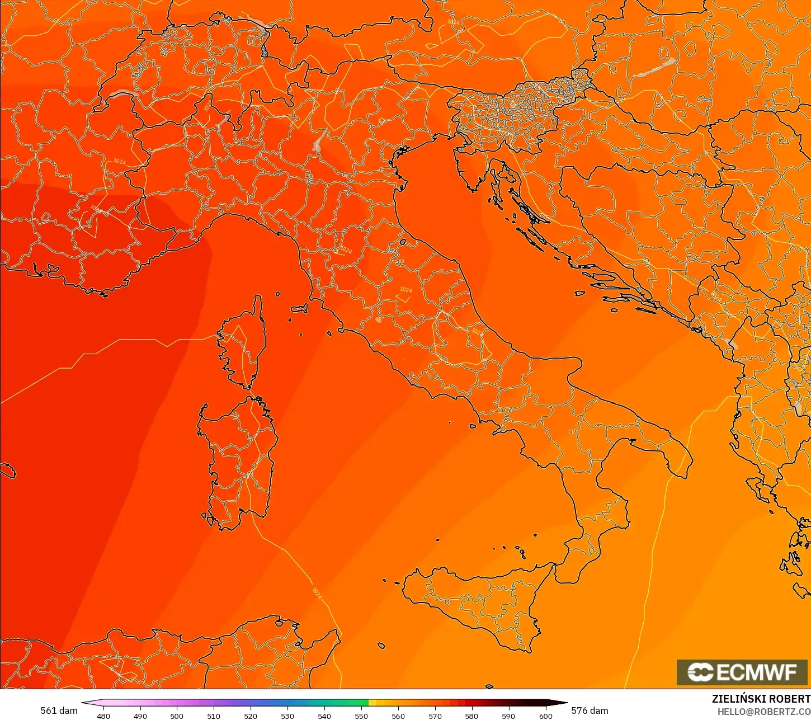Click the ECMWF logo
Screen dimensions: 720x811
743,672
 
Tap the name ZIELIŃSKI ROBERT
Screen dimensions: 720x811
761,699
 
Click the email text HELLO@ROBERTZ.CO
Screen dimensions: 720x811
764,712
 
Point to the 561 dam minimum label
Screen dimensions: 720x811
59,710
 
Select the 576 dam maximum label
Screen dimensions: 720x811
590,710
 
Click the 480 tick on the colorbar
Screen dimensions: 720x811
103,716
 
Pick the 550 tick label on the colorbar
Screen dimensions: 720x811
361,716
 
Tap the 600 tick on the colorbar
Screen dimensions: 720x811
545,716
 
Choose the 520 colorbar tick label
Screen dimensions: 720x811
251,716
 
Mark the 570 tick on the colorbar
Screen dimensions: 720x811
435,716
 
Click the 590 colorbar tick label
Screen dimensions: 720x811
508,716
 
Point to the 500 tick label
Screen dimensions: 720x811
177,716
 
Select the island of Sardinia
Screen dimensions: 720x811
238,459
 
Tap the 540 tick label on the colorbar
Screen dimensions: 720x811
324,716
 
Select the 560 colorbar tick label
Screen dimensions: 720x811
398,716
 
